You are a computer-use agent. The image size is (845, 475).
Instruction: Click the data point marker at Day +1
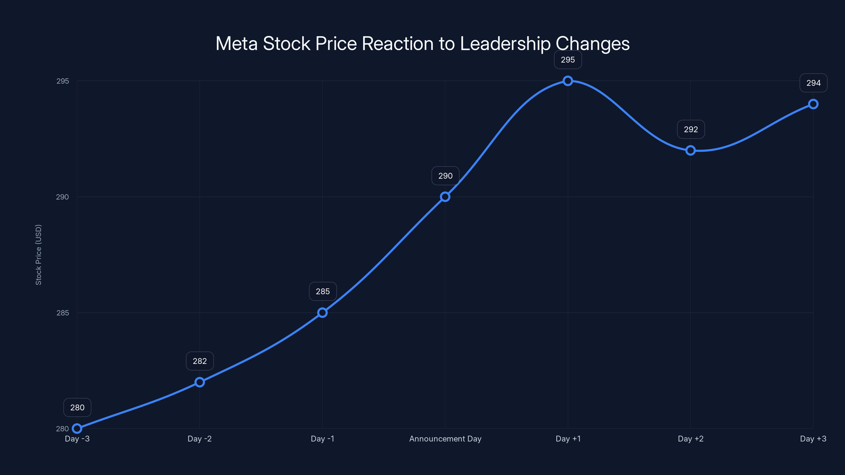click(568, 81)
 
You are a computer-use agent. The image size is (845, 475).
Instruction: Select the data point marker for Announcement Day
click(445, 197)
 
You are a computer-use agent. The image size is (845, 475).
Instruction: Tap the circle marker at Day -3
click(77, 429)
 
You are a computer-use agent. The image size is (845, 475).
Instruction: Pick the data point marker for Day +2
click(691, 150)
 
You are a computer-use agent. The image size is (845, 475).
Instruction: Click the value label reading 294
click(814, 83)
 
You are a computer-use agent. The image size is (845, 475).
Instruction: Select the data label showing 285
click(323, 291)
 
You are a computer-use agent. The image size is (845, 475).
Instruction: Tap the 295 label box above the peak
click(568, 60)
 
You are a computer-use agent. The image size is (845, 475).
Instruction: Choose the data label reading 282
click(200, 361)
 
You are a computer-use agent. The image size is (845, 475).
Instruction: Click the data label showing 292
click(691, 130)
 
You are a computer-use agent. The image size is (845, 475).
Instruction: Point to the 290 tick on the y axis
click(62, 197)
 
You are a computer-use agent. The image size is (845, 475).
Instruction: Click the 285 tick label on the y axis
click(63, 313)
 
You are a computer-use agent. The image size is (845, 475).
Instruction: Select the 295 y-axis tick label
click(63, 81)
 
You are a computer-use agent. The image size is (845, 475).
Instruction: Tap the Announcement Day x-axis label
click(445, 439)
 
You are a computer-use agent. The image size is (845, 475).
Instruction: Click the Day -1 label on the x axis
click(322, 439)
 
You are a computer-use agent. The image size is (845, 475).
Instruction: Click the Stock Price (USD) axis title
click(38, 255)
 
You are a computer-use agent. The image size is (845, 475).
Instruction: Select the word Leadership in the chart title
click(505, 44)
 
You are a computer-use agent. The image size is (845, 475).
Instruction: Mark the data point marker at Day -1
click(322, 313)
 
